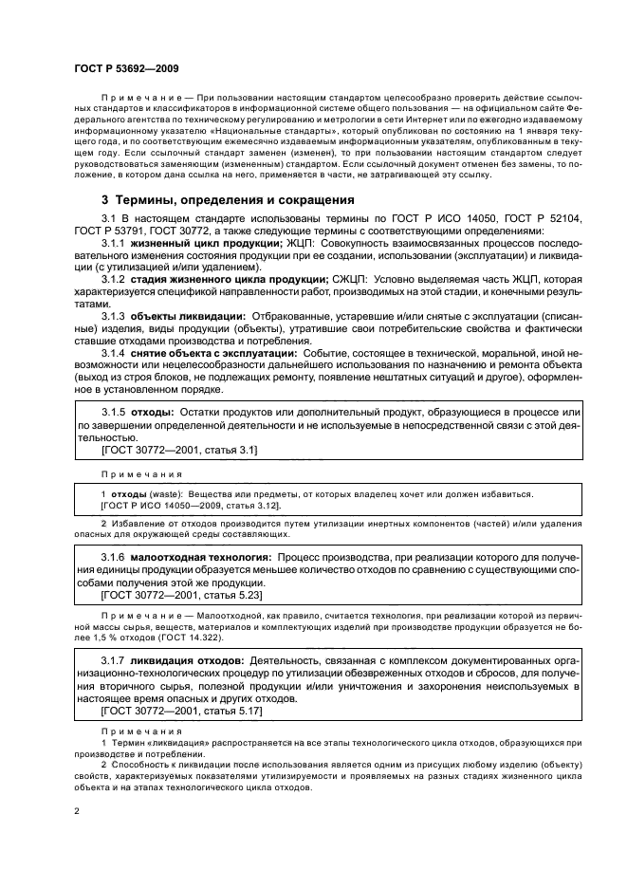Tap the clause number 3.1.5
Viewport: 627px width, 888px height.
(x=116, y=414)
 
